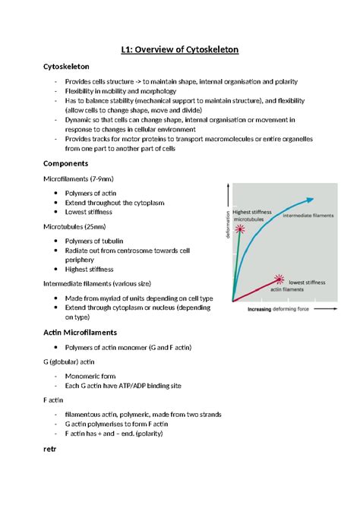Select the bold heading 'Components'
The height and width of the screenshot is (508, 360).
pos(66,163)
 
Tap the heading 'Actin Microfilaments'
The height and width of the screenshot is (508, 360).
pos(80,333)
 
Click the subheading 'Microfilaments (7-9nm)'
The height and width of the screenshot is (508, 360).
pos(79,178)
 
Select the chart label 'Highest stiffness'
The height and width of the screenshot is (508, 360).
pos(251,212)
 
